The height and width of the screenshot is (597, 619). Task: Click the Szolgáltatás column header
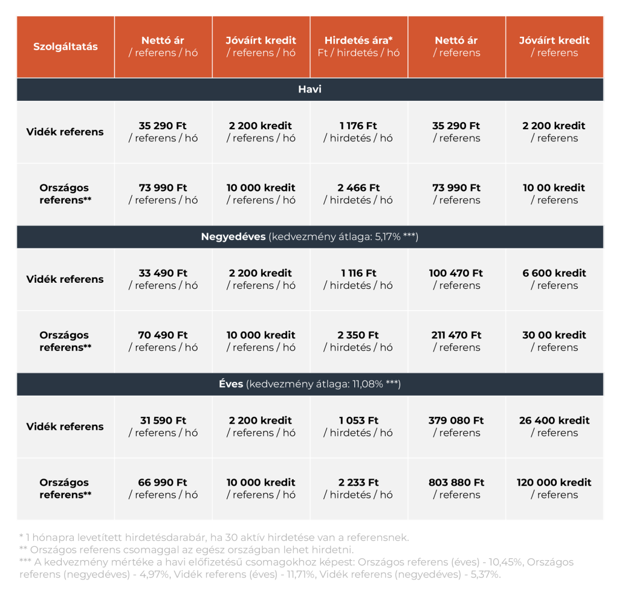point(65,47)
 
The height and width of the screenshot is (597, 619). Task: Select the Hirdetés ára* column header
point(358,47)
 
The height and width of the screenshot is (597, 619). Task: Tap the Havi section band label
point(309,89)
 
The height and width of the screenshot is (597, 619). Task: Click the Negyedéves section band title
point(309,237)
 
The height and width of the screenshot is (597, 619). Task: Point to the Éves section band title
point(309,384)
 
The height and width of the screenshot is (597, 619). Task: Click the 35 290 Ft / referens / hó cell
point(163,132)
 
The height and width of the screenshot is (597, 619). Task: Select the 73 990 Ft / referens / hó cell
point(163,194)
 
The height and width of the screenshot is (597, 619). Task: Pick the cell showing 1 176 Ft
point(358,132)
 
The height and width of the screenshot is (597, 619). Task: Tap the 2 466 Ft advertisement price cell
point(358,194)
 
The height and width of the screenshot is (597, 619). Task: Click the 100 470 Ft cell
point(456,279)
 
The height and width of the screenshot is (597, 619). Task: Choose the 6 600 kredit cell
point(554,279)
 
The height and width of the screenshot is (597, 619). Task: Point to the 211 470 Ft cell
point(456,341)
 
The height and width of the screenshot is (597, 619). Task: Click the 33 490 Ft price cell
point(163,279)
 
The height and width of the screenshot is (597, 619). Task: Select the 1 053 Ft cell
point(358,427)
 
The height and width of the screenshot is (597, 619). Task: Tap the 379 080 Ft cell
point(456,427)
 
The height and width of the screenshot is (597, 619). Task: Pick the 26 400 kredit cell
point(554,427)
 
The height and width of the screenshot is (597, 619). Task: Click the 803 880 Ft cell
point(456,488)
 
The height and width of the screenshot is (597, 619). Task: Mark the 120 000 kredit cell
point(554,488)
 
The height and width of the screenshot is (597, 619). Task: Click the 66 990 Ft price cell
point(163,488)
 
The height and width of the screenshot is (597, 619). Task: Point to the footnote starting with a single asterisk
point(214,537)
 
